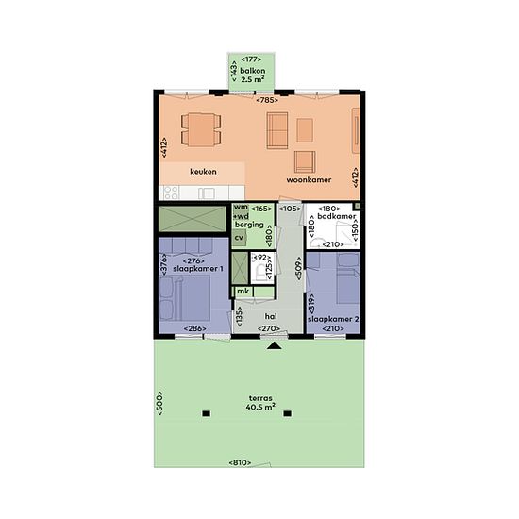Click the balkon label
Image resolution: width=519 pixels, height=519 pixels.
point(253,71)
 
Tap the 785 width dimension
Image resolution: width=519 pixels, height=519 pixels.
point(267,100)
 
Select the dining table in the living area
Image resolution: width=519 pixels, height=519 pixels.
point(201,129)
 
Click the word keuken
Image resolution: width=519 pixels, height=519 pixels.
point(203,172)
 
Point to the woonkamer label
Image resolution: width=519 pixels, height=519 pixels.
point(309,179)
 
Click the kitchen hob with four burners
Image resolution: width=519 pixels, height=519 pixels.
point(172,193)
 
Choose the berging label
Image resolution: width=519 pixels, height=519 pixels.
point(249,225)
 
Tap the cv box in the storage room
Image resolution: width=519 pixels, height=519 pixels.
point(239,238)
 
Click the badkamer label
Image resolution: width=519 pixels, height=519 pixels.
point(336,216)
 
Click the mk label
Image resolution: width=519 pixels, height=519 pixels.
point(243,292)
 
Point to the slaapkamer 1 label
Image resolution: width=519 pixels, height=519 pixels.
point(198,269)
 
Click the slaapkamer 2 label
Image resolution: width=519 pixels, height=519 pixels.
point(333,319)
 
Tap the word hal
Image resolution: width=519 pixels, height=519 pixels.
point(271,316)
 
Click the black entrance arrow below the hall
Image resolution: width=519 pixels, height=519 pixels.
point(274,345)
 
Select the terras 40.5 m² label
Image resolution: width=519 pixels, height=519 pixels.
point(260,403)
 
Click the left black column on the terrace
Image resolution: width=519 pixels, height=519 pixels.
point(207,413)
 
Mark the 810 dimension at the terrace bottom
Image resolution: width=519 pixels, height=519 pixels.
point(240,462)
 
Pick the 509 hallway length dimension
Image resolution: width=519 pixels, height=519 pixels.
point(299,268)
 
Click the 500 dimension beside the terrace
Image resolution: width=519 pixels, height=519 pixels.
point(159,404)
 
